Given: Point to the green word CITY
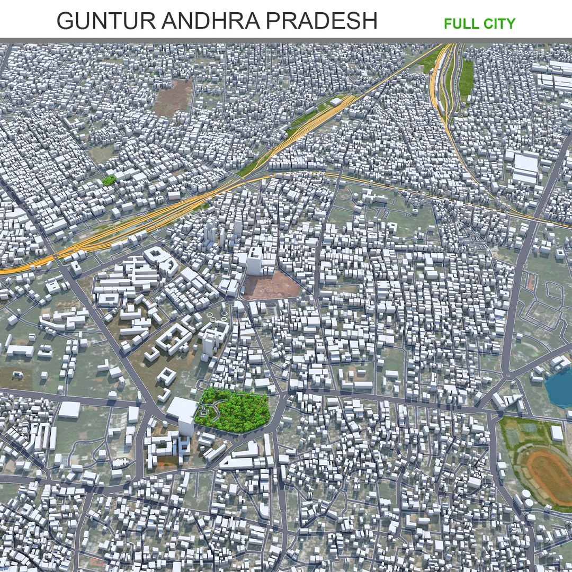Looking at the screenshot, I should (499, 24).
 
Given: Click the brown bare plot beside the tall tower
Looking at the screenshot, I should (272, 287).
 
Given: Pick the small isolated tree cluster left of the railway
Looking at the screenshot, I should (109, 180).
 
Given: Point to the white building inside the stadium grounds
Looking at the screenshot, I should (556, 433).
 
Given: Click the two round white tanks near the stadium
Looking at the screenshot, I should (526, 498).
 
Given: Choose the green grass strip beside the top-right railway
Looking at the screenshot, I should (466, 79).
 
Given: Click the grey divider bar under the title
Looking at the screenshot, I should (286, 40).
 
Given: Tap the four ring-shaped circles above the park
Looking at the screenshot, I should (218, 316).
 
